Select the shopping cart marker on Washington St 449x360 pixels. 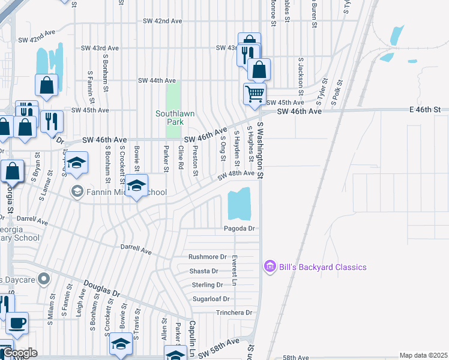[255, 95]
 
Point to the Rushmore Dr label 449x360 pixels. [207, 257]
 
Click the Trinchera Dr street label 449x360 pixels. [234, 313]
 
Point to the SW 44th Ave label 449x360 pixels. [157, 80]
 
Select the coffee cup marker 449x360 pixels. [17, 323]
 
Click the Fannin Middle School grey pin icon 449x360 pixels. [77, 192]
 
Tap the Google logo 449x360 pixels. [19, 353]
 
